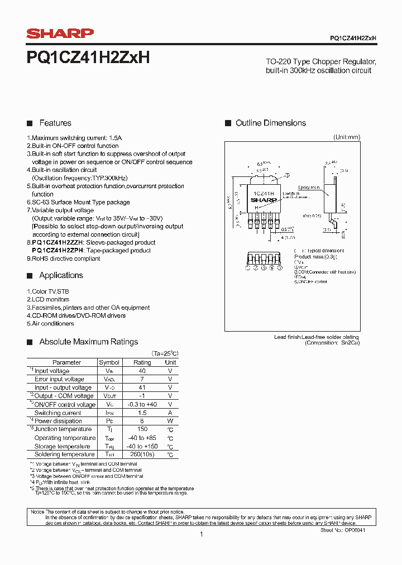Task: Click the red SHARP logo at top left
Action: click(60, 34)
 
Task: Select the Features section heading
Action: click(55, 123)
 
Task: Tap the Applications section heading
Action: click(61, 275)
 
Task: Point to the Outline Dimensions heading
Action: click(271, 123)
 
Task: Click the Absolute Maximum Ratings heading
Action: click(88, 342)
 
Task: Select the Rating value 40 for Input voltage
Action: click(142, 371)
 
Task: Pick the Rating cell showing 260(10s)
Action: click(142, 454)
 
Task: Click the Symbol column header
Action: click(109, 362)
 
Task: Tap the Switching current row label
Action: click(58, 413)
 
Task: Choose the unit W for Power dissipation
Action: click(170, 421)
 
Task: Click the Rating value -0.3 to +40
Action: click(142, 404)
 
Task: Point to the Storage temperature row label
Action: click(62, 446)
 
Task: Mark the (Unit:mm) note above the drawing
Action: click(347, 137)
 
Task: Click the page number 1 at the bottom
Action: click(201, 534)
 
